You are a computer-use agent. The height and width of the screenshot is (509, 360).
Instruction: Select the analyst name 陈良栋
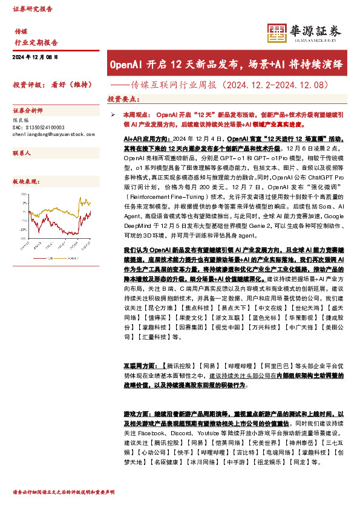[21, 121]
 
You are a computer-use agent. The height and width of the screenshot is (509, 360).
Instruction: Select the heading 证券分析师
[28, 111]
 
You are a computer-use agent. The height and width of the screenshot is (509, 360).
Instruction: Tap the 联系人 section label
[22, 154]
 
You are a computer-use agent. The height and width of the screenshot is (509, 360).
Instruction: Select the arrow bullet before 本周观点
[113, 114]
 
